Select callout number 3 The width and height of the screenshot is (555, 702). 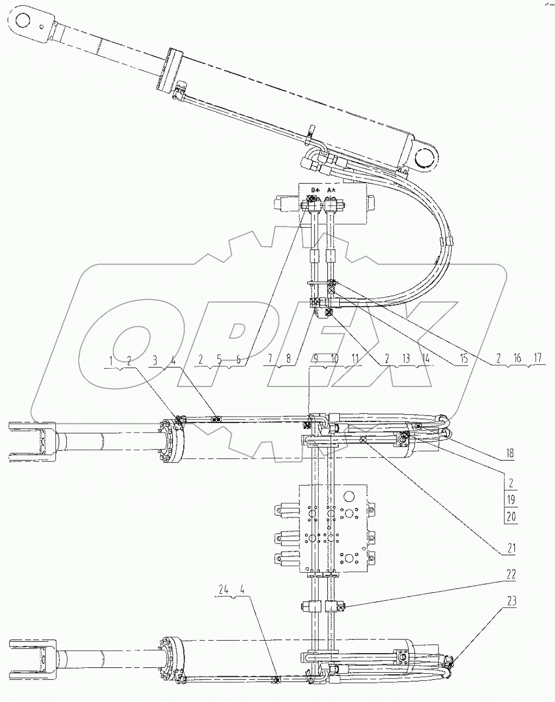tap(155, 360)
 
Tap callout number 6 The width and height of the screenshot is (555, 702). tap(238, 360)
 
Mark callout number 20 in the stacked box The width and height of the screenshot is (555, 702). tap(511, 516)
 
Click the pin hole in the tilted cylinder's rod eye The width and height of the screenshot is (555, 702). tap(23, 21)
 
